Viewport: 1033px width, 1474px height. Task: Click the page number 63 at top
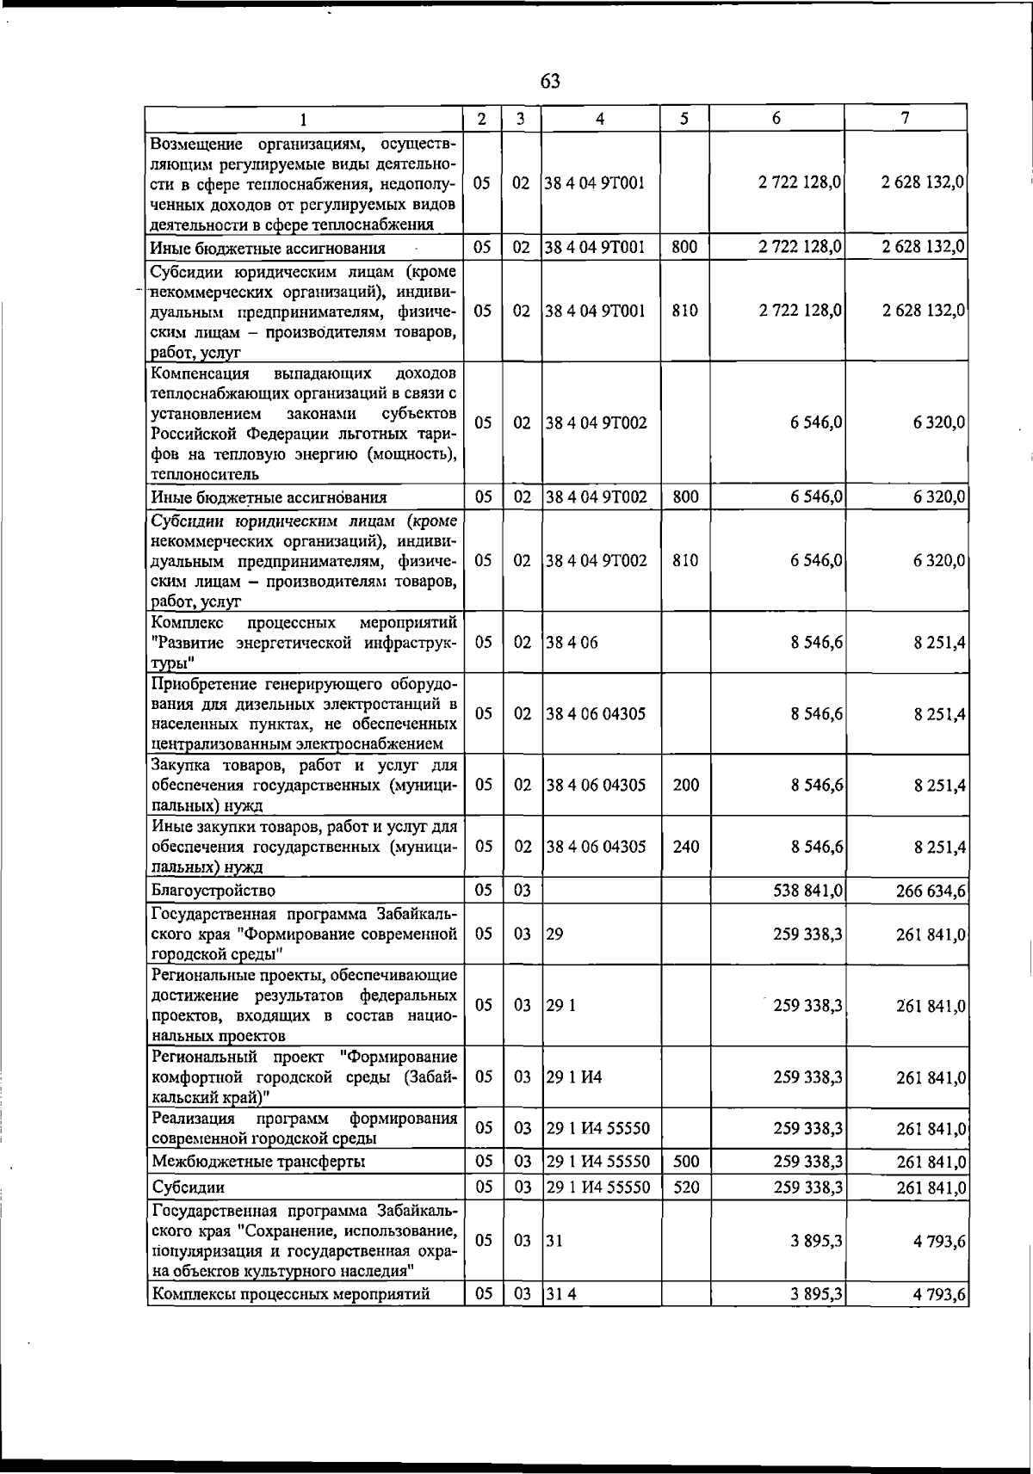[550, 82]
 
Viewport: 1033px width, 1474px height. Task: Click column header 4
[600, 119]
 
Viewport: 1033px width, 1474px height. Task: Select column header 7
[906, 119]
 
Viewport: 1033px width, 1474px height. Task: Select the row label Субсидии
[188, 1187]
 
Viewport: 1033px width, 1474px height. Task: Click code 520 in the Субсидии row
[685, 1187]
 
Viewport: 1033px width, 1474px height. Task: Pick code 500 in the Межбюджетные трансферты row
[685, 1162]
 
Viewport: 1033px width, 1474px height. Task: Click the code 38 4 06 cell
[572, 642]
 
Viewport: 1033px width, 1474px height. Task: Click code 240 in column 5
[685, 846]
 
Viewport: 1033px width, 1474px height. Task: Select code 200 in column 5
[685, 785]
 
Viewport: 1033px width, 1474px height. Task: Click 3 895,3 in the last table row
[816, 1293]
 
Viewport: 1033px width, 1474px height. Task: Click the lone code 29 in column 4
[554, 934]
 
